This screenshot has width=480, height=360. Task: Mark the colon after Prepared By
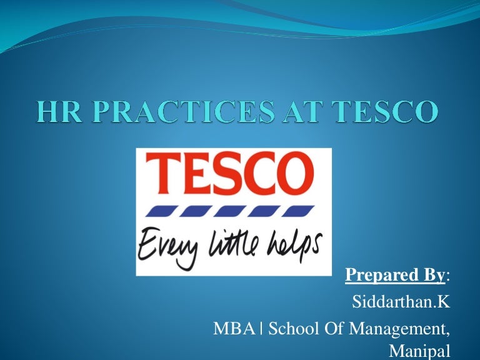pos(447,276)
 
